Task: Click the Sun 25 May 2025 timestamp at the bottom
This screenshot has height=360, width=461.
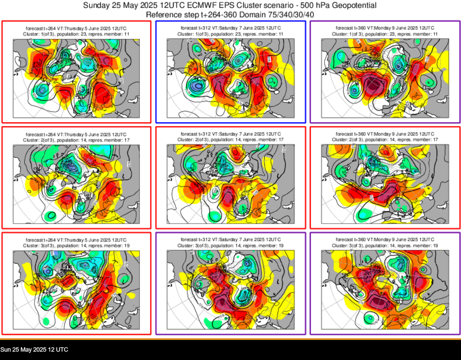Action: coord(34,350)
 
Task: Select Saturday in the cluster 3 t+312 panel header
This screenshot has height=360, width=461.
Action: coord(228,240)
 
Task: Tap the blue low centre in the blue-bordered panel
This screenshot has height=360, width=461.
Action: coord(198,86)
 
